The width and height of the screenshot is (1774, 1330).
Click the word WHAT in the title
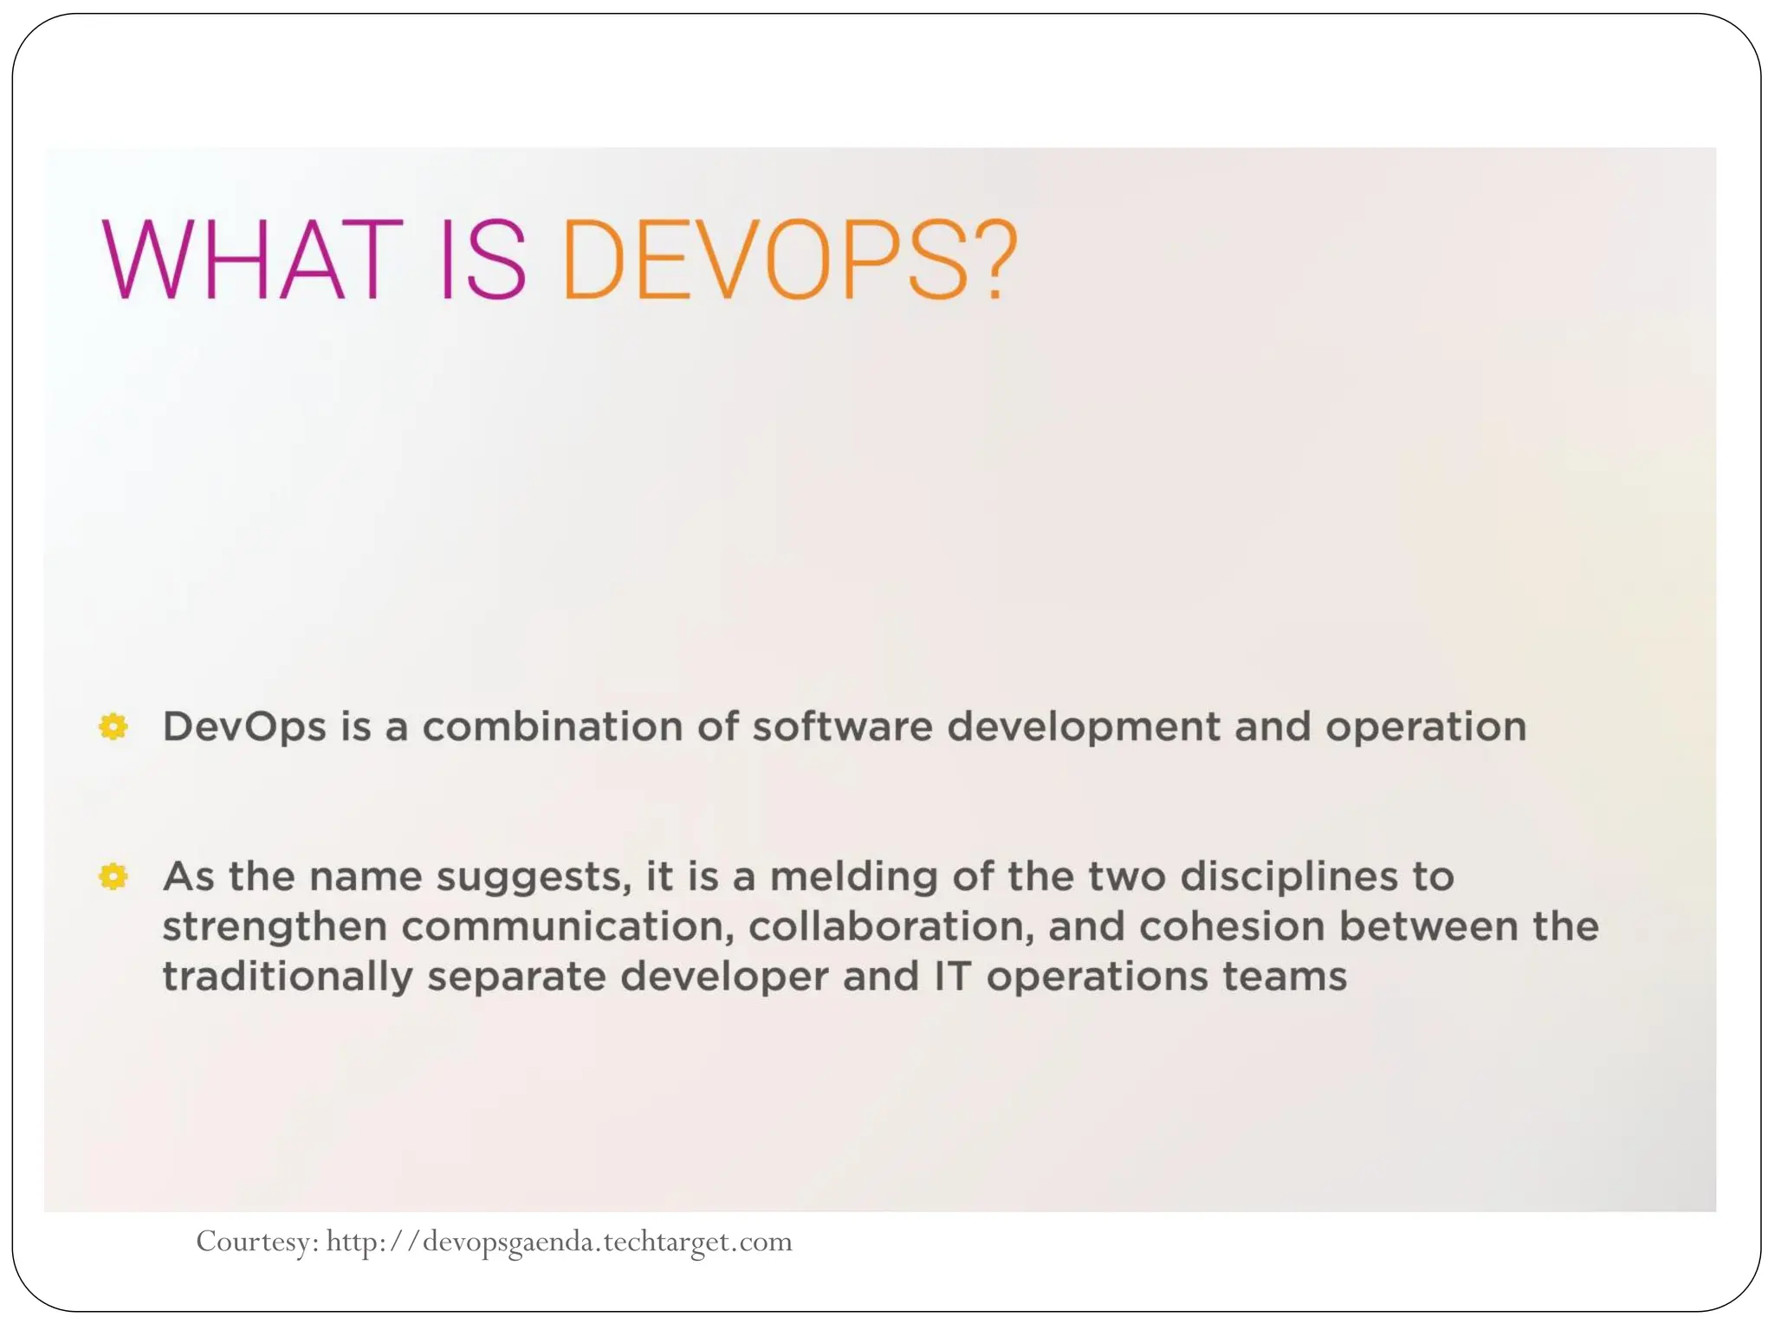[x=252, y=260]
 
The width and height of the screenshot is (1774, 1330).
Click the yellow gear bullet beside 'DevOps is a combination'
[x=113, y=726]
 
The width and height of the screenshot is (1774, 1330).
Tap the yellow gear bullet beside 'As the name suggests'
[x=113, y=876]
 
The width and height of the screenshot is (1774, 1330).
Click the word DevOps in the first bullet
[x=244, y=727]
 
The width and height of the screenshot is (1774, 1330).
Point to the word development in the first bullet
[x=1084, y=728]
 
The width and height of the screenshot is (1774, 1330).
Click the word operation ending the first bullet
[x=1426, y=728]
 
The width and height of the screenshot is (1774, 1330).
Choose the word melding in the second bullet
[x=853, y=878]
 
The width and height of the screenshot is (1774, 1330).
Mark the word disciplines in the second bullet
[x=1289, y=878]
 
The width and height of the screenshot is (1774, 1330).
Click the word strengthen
[x=275, y=928]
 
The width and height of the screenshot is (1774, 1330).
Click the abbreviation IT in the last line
[x=951, y=978]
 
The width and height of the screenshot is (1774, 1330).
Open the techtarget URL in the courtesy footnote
[x=559, y=1242]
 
